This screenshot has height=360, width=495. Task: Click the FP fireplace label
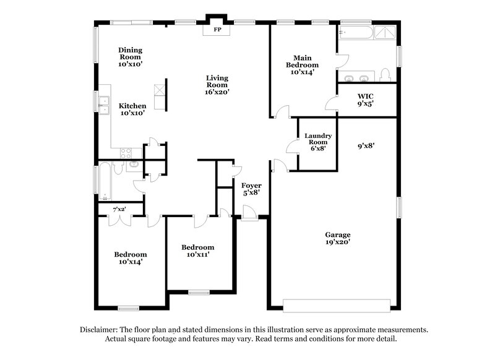217,30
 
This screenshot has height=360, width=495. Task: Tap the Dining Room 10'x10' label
131,56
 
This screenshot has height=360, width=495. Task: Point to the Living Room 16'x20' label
217,84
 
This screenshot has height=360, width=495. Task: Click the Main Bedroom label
303,64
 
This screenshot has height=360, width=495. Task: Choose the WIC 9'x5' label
365,101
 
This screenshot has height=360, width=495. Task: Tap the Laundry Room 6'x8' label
318,142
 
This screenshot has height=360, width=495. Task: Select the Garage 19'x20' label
338,239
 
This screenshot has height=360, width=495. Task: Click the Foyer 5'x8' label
251,189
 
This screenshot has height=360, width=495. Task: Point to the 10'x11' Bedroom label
197,251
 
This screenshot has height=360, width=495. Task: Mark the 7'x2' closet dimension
119,209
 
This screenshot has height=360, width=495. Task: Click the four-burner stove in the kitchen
125,153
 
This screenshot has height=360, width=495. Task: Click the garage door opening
337,304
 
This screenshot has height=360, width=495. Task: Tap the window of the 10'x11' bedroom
199,292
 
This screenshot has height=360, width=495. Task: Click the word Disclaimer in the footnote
98,330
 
